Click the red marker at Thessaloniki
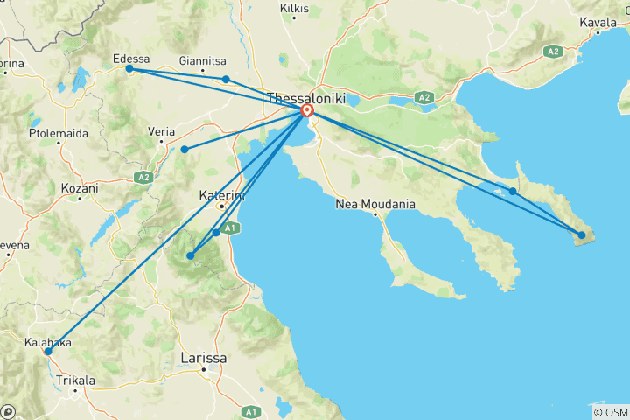[x=307, y=111]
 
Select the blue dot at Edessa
[x=129, y=68]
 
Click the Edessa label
[x=132, y=59]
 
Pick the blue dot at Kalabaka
[x=48, y=351]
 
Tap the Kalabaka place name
[x=50, y=343]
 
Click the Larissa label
[x=202, y=359]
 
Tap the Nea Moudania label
[x=374, y=205]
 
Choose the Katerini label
[x=220, y=194]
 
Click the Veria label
[x=162, y=131]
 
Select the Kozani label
[x=80, y=188]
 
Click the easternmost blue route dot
[x=581, y=234]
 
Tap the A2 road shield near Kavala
[x=552, y=52]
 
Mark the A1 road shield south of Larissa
[x=251, y=411]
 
